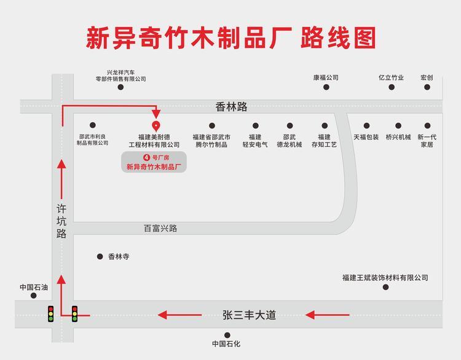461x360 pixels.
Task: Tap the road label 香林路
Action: coord(231,107)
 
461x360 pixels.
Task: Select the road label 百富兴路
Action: coord(160,228)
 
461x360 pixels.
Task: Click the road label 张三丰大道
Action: coord(249,315)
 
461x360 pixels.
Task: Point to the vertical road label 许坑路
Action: coord(61,222)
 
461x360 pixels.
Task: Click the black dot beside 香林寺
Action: coord(100,256)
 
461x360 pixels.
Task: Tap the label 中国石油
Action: coord(34,286)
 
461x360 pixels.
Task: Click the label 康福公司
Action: coord(326,78)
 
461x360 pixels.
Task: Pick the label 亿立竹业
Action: coord(391,78)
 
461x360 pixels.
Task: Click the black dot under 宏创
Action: coord(427,87)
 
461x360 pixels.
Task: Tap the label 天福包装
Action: coord(366,137)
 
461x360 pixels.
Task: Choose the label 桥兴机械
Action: coord(398,137)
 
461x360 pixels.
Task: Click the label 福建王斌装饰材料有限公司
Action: coord(385,278)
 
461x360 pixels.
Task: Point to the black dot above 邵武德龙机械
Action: coord(289,126)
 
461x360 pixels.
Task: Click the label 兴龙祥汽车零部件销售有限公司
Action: coord(120,75)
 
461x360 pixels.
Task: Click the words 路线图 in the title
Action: coord(338,37)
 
